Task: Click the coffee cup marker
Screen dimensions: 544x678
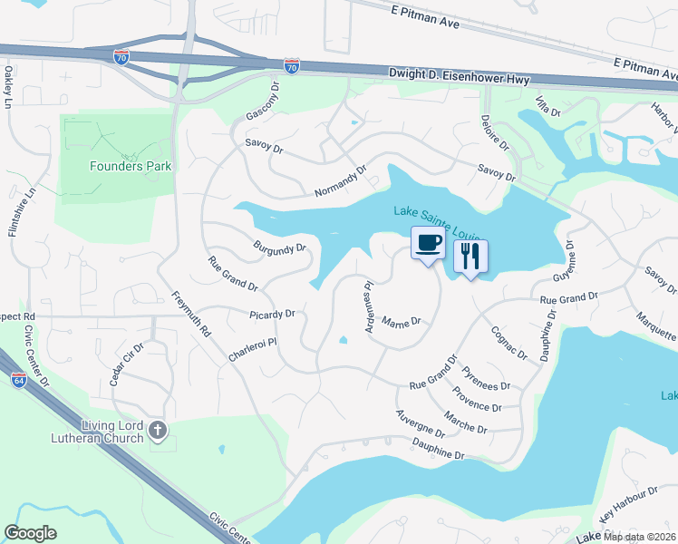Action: [429, 244]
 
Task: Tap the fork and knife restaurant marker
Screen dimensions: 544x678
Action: [470, 256]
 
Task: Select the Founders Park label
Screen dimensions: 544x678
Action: [131, 166]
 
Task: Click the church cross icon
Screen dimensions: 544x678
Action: [158, 431]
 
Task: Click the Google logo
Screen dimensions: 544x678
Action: [30, 533]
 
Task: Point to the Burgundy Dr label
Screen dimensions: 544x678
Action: [279, 247]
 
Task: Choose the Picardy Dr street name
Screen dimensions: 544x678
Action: [273, 314]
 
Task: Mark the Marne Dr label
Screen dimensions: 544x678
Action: [402, 321]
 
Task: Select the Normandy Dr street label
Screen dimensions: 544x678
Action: [340, 181]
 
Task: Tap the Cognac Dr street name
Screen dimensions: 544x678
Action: [507, 342]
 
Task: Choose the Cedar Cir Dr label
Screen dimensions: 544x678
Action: [127, 364]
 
